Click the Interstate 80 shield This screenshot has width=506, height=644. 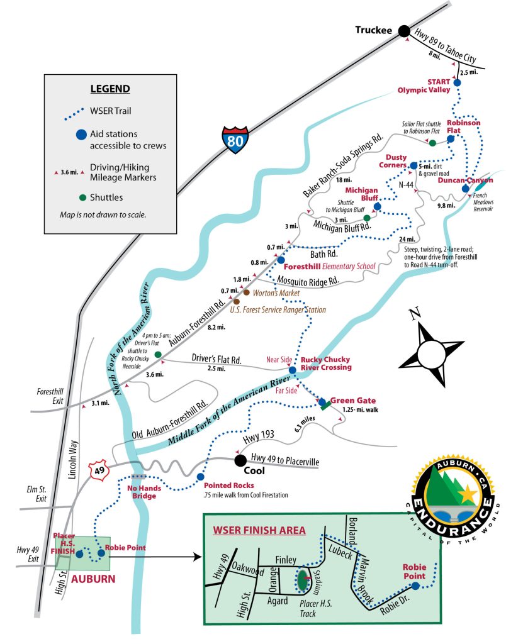235,138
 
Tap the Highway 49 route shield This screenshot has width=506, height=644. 100,469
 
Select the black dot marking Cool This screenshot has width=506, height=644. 240,461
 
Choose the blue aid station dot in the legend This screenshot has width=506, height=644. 80,134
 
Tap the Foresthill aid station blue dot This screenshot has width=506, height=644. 281,260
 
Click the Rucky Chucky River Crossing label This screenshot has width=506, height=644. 325,363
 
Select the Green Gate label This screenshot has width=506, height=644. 352,401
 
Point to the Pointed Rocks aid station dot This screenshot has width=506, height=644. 201,476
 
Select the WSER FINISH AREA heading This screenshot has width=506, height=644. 259,530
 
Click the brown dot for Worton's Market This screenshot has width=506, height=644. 246,292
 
